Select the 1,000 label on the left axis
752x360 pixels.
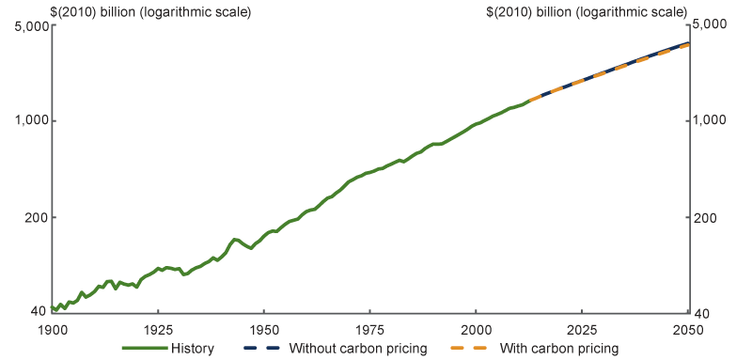(32, 120)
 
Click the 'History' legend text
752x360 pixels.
(193, 349)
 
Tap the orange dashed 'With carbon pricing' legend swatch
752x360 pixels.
(471, 349)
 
